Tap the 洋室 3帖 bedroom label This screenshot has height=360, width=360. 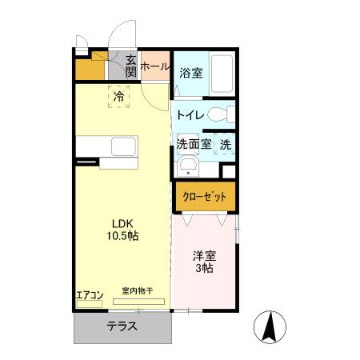[203, 262]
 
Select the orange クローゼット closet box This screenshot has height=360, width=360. [205, 196]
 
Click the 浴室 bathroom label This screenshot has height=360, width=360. [190, 73]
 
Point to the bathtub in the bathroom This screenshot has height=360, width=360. [221, 76]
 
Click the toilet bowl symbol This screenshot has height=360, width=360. [227, 114]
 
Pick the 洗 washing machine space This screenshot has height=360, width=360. [226, 145]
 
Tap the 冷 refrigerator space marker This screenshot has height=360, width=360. [118, 98]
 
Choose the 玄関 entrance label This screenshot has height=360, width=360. [131, 66]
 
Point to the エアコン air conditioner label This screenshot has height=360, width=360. [90, 294]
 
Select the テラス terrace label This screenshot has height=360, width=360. [122, 326]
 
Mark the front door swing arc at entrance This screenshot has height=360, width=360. [120, 36]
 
